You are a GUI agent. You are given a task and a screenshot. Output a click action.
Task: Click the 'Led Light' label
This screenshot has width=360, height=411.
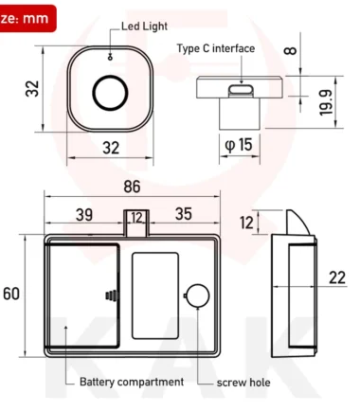point(144,27)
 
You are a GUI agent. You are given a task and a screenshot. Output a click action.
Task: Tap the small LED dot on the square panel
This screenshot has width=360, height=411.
point(110,58)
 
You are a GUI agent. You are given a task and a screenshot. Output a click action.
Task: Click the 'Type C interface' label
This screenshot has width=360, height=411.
point(216,48)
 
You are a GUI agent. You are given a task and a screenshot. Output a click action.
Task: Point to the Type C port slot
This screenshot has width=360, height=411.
point(241,90)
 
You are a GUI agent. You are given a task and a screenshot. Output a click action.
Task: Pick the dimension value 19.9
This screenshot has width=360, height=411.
point(326,102)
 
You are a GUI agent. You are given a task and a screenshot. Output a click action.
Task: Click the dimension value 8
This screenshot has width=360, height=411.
point(291,50)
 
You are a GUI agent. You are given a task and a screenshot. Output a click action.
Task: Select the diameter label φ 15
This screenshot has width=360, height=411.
point(239,145)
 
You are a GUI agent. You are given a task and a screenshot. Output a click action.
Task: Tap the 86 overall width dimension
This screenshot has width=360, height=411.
point(132,187)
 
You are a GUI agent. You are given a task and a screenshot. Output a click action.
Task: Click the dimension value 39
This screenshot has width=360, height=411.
point(84,215)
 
